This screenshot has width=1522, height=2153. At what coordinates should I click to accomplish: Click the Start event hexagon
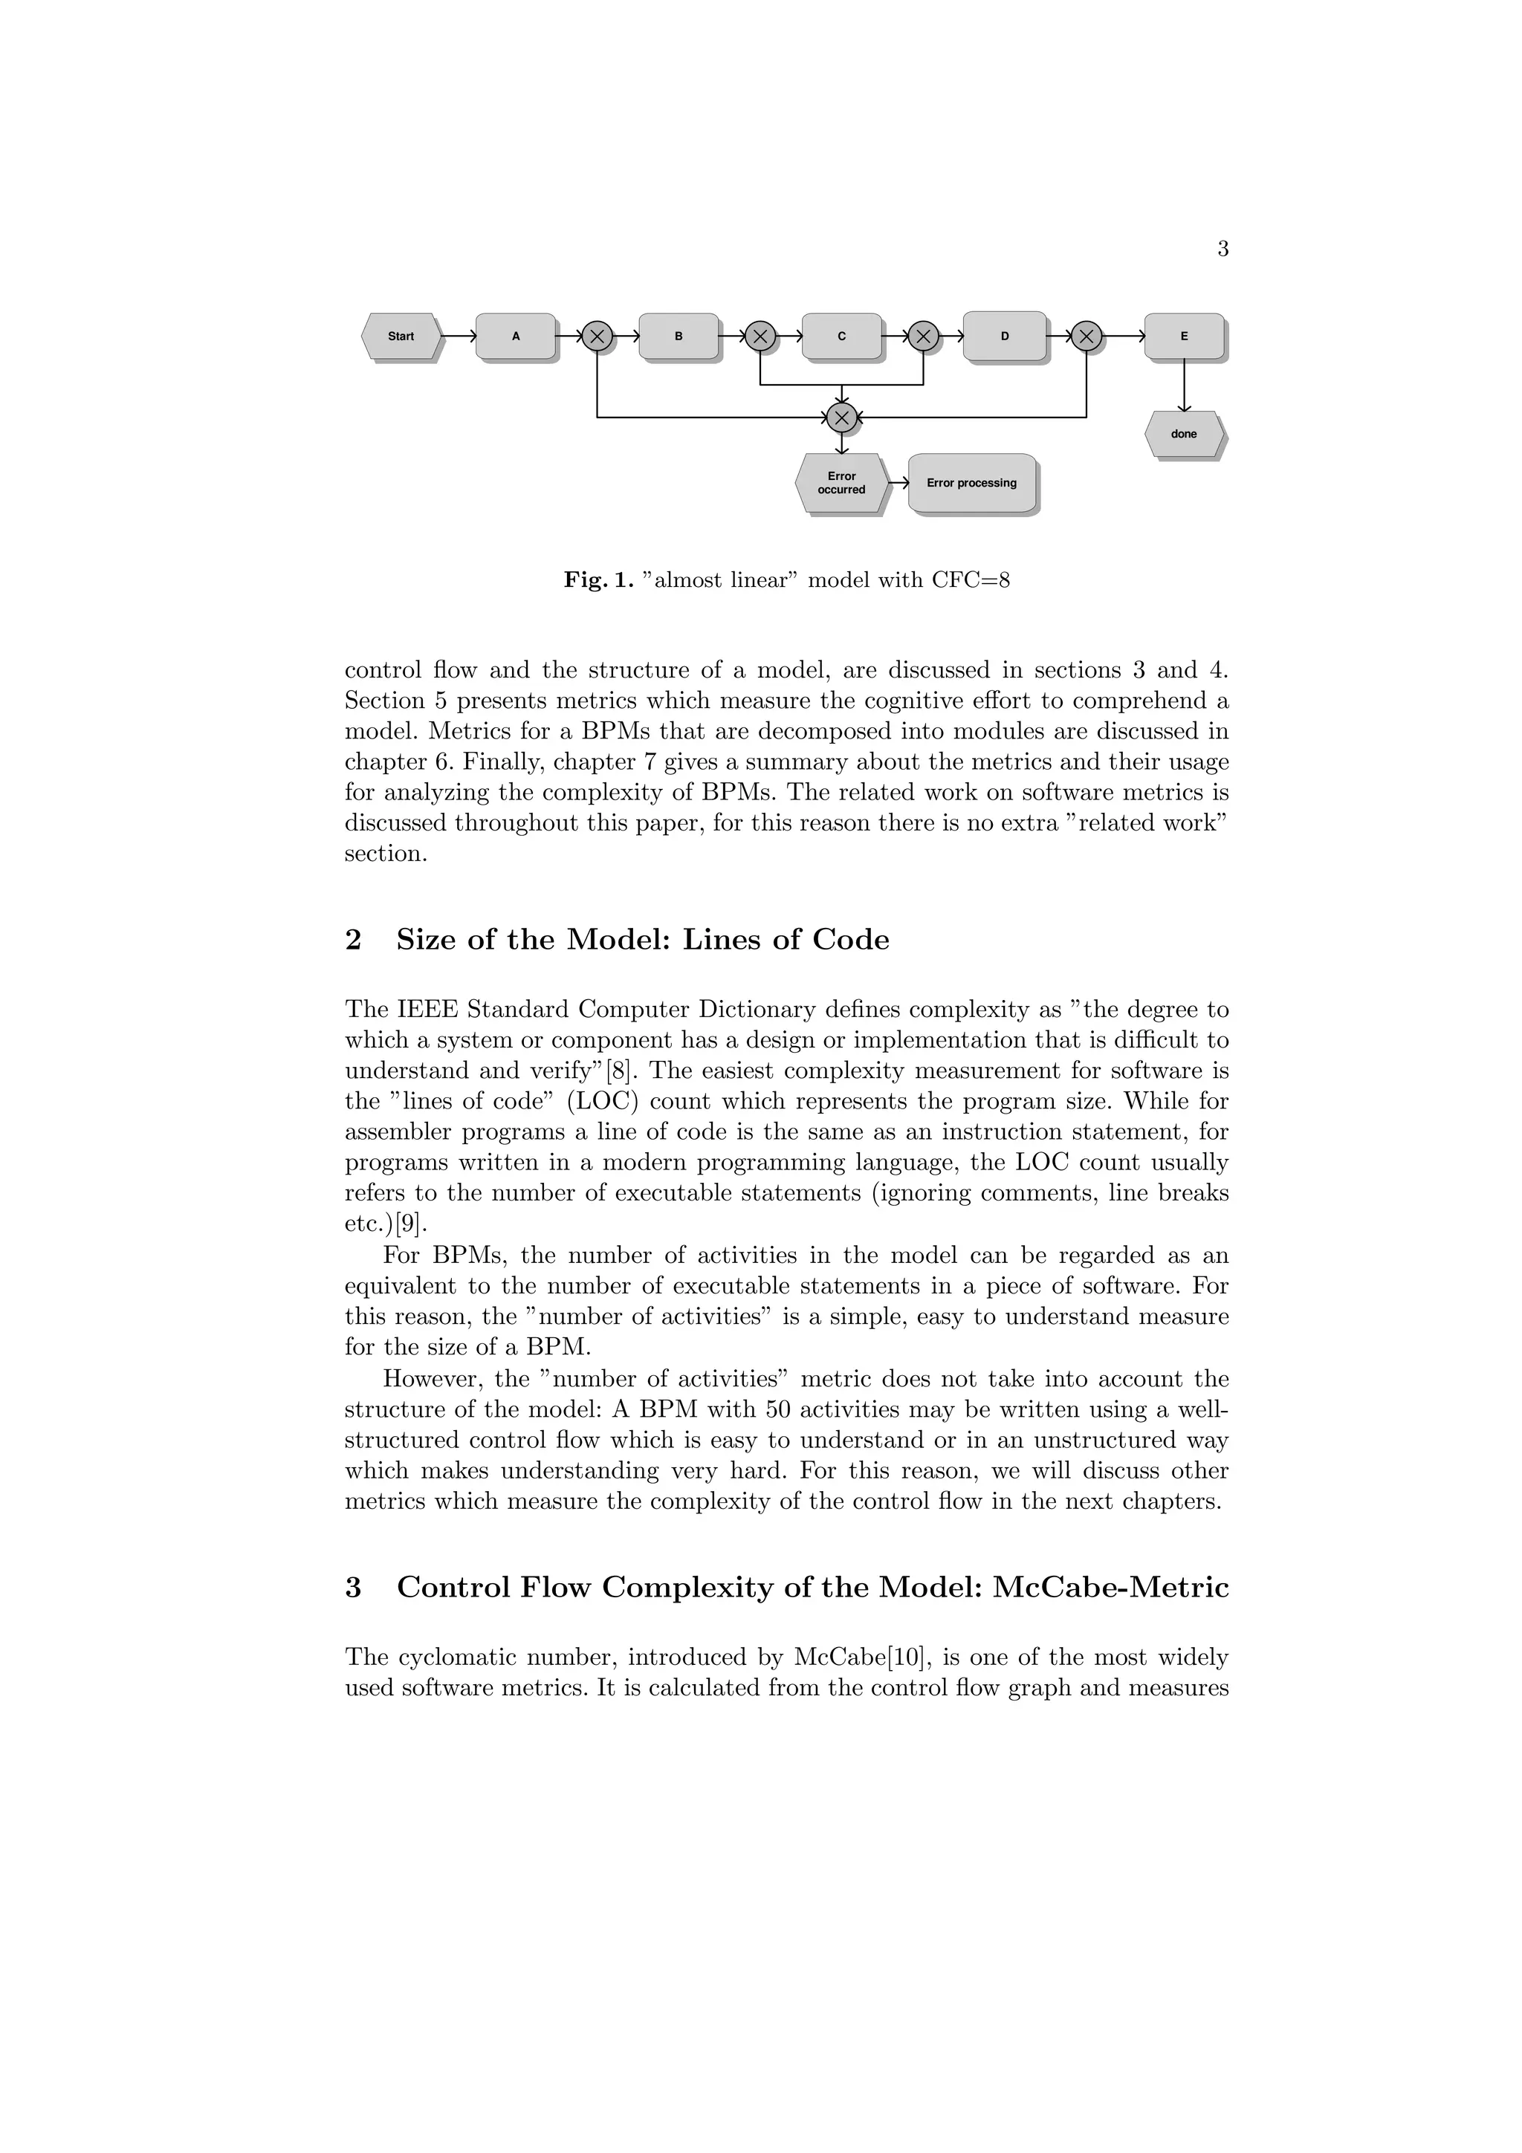(401, 336)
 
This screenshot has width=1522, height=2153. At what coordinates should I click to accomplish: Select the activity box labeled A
(515, 336)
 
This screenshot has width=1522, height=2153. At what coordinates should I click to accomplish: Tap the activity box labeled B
(678, 336)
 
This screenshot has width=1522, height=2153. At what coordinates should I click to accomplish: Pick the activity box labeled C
(841, 336)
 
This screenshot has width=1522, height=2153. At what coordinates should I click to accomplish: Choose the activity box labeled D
(1004, 336)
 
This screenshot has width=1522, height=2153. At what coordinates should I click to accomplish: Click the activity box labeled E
(1183, 336)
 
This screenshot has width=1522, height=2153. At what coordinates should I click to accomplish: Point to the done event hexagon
(1183, 434)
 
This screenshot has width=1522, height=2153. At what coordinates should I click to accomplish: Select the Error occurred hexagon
(841, 483)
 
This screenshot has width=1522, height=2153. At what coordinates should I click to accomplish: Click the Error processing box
(971, 483)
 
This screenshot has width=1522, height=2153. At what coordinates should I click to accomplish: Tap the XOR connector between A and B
(598, 336)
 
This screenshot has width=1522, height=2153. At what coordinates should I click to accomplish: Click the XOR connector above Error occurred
(842, 418)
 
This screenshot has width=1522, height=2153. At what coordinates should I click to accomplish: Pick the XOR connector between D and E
(1086, 336)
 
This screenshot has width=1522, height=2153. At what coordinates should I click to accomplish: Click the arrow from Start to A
(459, 336)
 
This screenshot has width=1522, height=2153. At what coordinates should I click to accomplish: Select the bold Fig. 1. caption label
(598, 580)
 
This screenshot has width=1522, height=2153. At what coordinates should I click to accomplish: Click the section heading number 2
(354, 940)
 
